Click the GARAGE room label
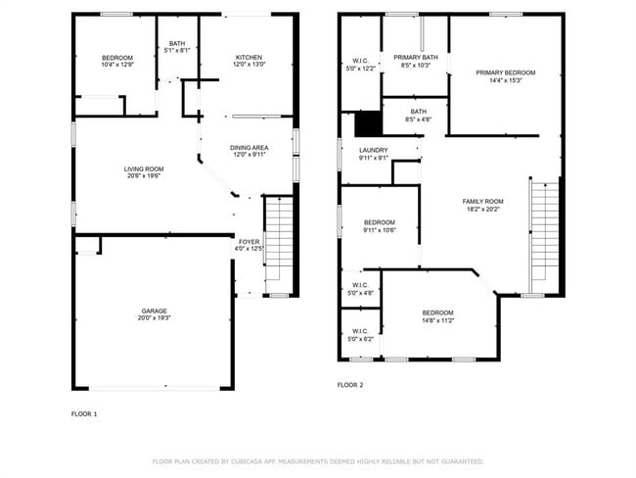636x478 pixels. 155,311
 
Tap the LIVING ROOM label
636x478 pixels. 144,168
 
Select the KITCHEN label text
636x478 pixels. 250,57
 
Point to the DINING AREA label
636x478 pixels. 250,148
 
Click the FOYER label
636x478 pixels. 249,242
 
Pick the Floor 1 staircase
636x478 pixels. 279,244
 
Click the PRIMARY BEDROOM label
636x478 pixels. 506,72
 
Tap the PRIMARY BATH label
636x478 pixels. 416,57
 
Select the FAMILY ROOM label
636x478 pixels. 482,202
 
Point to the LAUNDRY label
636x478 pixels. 374,150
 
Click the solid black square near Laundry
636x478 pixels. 369,123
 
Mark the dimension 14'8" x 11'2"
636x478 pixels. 438,320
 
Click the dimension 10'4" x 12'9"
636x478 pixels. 117,65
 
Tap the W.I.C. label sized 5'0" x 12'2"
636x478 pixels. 360,61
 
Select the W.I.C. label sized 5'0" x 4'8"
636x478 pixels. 360,285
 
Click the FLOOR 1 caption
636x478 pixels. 84,414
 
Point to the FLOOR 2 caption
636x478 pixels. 350,385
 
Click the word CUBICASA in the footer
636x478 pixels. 247,461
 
